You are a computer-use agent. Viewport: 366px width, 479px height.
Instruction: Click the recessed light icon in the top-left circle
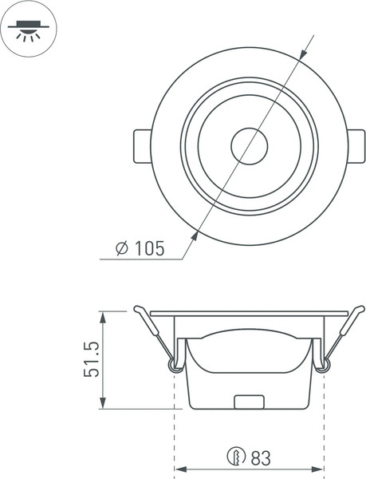[x=29, y=30]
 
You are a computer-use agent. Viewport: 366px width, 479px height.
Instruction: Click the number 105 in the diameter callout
[x=149, y=248]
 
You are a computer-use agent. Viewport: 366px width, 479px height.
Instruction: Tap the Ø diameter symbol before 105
[x=122, y=248]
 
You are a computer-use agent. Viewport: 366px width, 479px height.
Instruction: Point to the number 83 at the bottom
[x=261, y=459]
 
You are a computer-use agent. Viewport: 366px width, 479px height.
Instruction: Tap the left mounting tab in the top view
[x=141, y=146]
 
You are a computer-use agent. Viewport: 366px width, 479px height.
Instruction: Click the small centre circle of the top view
[x=250, y=146]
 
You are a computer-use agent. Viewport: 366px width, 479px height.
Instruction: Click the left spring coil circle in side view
[x=174, y=365]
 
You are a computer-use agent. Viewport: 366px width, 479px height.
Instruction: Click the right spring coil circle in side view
[x=323, y=365]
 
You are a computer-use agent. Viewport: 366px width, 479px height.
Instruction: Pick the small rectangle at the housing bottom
[x=249, y=402]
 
